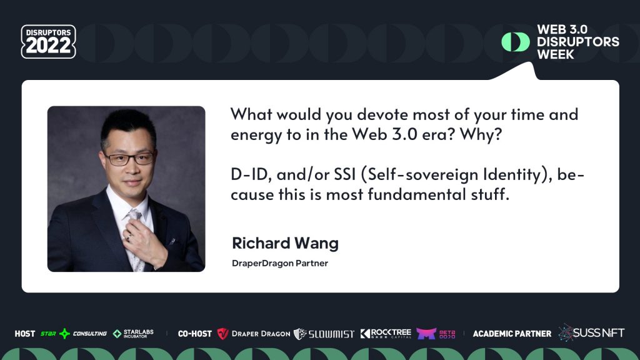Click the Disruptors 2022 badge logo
pyautogui.click(x=48, y=42)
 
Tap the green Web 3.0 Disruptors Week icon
pyautogui.click(x=515, y=42)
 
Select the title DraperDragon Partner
pyautogui.click(x=279, y=263)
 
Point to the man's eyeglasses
pyautogui.click(x=127, y=158)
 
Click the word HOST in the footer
pyautogui.click(x=25, y=334)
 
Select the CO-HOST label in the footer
pyautogui.click(x=194, y=334)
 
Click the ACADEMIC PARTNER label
pyautogui.click(x=512, y=334)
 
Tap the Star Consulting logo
pyautogui.click(x=74, y=334)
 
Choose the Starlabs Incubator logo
pyautogui.click(x=133, y=334)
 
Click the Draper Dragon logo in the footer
pyautogui.click(x=254, y=334)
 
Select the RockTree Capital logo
pyautogui.click(x=386, y=334)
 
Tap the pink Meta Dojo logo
pyautogui.click(x=436, y=334)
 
